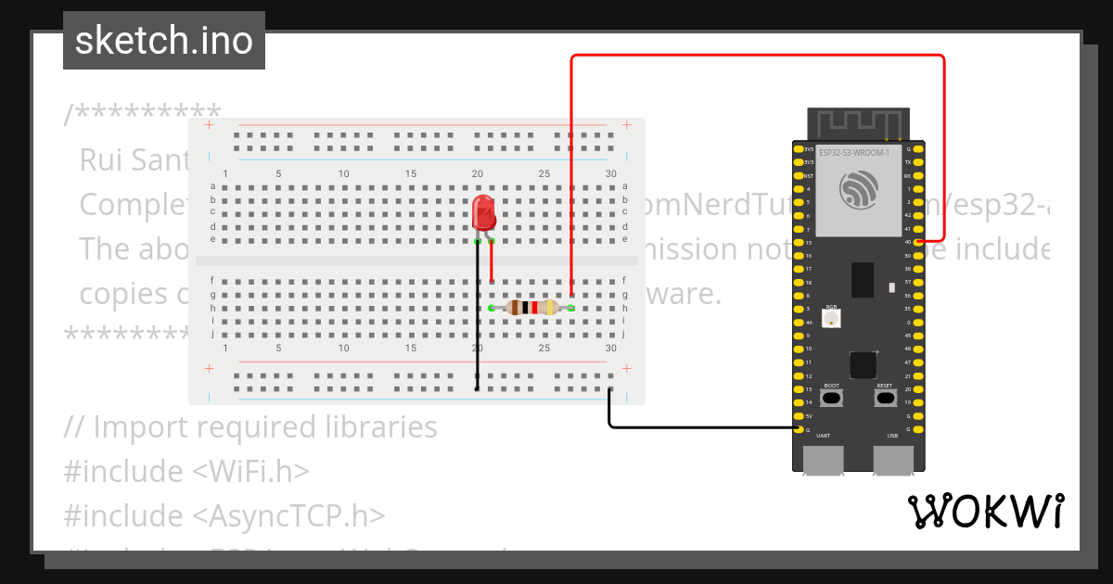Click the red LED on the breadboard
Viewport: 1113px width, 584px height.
484,212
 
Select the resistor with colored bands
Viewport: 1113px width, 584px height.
531,308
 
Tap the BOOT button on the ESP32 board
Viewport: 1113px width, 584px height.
832,398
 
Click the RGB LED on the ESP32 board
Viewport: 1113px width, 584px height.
832,318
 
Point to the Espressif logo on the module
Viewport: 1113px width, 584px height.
857,190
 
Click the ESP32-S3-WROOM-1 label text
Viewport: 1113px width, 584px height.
854,152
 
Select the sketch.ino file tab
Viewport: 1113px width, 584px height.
164,41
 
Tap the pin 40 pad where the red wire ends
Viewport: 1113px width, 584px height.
918,242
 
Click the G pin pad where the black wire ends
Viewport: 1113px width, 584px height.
799,429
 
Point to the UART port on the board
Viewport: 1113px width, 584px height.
824,460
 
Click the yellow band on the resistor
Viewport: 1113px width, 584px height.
550,308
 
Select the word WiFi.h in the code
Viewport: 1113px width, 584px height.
250,472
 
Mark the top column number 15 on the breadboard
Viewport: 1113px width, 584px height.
411,174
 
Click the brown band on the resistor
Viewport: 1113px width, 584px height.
515,308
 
